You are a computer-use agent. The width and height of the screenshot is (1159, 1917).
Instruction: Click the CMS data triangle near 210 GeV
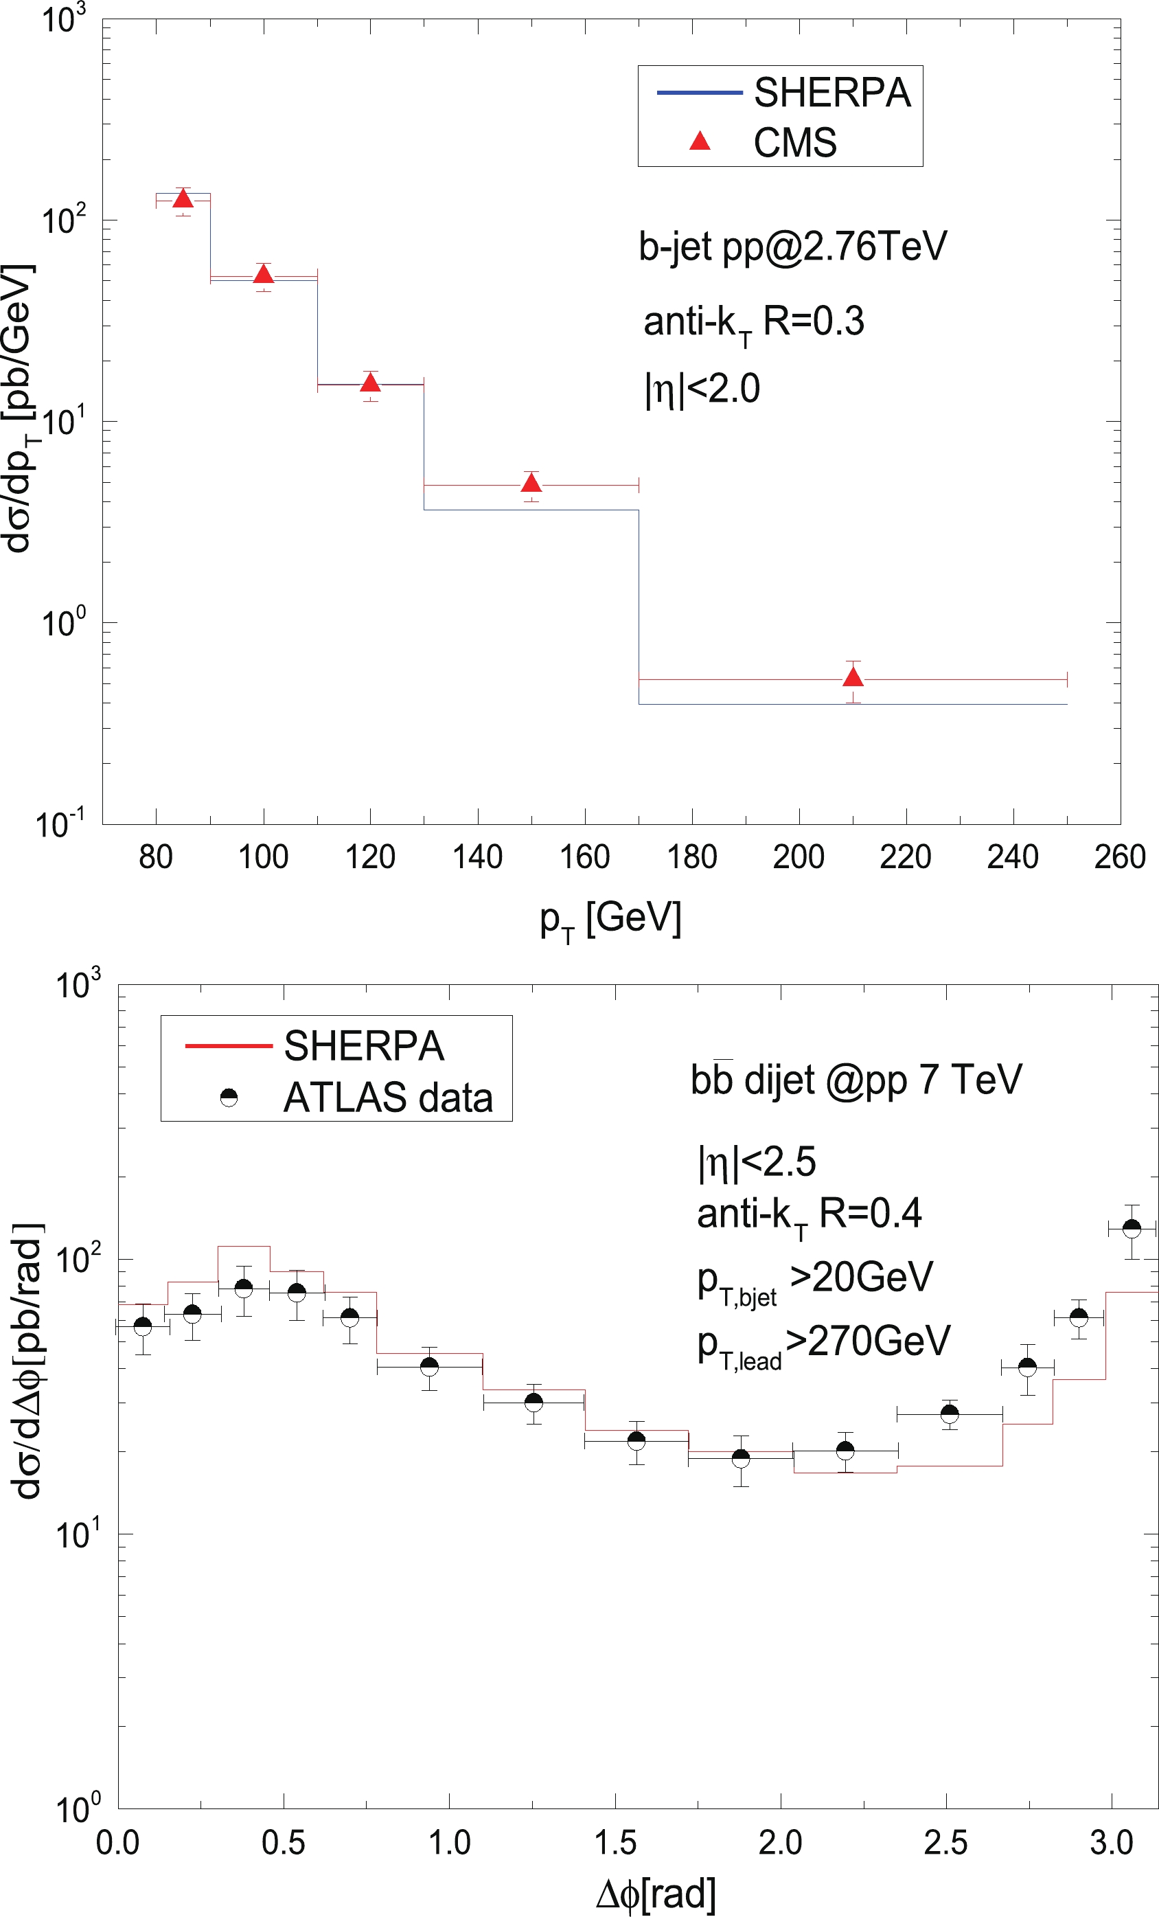pos(853,677)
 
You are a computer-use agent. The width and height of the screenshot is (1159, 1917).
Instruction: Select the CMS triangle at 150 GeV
pos(531,483)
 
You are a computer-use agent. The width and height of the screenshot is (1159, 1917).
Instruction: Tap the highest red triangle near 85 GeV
pos(183,199)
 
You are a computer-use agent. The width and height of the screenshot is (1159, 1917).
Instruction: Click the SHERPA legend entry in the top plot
pos(831,93)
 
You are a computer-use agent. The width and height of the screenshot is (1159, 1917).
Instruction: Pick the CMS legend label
pos(795,142)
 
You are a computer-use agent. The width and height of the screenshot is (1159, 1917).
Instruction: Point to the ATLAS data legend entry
pos(387,1097)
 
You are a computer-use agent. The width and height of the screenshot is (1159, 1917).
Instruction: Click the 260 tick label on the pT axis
pos(1119,857)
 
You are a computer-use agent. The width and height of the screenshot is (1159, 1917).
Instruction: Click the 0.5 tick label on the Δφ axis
pos(283,1843)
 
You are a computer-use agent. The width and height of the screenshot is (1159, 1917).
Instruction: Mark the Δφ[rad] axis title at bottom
pos(655,1894)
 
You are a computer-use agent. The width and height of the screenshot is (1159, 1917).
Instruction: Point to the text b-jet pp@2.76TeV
pos(792,247)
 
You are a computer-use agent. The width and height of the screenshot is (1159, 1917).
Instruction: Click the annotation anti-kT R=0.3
pos(753,322)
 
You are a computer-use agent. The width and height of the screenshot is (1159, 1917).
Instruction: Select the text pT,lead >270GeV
pos(823,1341)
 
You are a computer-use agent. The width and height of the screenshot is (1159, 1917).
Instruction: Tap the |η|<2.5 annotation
pos(757,1162)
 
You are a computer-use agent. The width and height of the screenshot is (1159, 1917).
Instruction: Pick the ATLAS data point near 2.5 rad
pos(949,1414)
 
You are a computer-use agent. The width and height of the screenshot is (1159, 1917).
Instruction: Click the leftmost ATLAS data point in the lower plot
pos(142,1326)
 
